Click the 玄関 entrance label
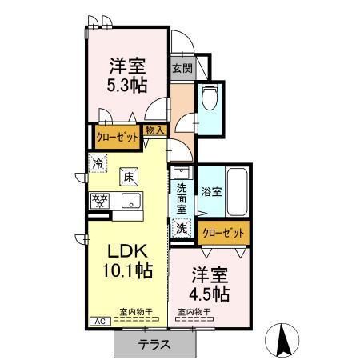point(181,68)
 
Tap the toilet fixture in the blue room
point(210,99)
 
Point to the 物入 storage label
point(155,130)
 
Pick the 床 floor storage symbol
point(128,175)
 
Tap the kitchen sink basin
point(130,200)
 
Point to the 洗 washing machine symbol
point(182,228)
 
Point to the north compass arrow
point(282,341)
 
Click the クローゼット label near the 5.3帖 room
point(117,137)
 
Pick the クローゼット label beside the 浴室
point(222,233)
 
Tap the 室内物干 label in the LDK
point(137,311)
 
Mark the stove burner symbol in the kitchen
point(100,200)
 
